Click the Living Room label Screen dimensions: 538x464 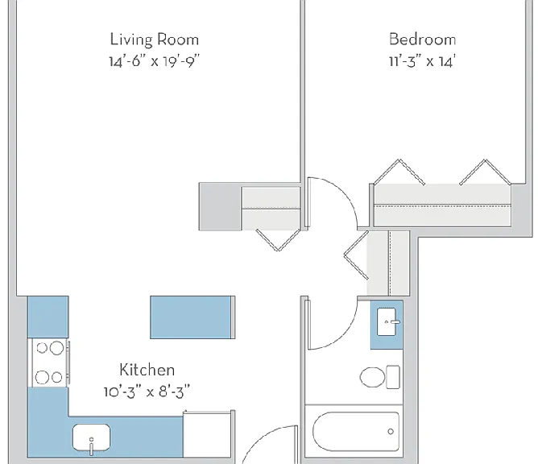click(155, 39)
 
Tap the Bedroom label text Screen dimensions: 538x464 click(422, 39)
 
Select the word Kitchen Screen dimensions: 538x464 click(147, 370)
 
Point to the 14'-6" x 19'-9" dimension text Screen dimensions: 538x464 click(154, 62)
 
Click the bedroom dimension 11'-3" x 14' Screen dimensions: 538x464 click(422, 62)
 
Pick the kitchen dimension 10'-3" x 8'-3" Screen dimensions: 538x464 click(147, 391)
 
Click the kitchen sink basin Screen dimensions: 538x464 click(91, 437)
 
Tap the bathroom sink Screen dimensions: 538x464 click(387, 321)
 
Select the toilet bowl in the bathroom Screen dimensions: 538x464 click(373, 377)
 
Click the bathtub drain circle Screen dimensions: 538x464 click(391, 432)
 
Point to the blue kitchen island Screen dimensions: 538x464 click(191, 317)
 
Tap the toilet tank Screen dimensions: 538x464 click(393, 377)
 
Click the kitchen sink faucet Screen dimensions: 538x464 click(91, 446)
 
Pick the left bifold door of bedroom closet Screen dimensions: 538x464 click(399, 172)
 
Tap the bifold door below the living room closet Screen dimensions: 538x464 click(279, 240)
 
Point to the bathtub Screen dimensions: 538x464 click(356, 432)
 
